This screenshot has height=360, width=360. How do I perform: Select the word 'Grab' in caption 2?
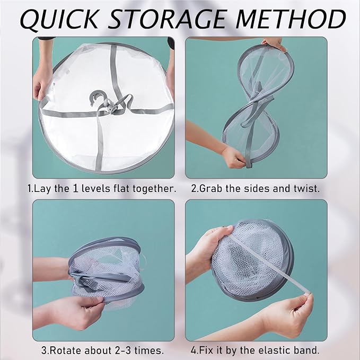click(x=210, y=189)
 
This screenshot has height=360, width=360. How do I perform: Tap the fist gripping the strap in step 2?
click(x=233, y=157)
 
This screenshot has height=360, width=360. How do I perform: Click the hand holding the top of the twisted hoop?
click(x=274, y=43)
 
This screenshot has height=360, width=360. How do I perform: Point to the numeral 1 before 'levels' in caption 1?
click(x=75, y=189)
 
